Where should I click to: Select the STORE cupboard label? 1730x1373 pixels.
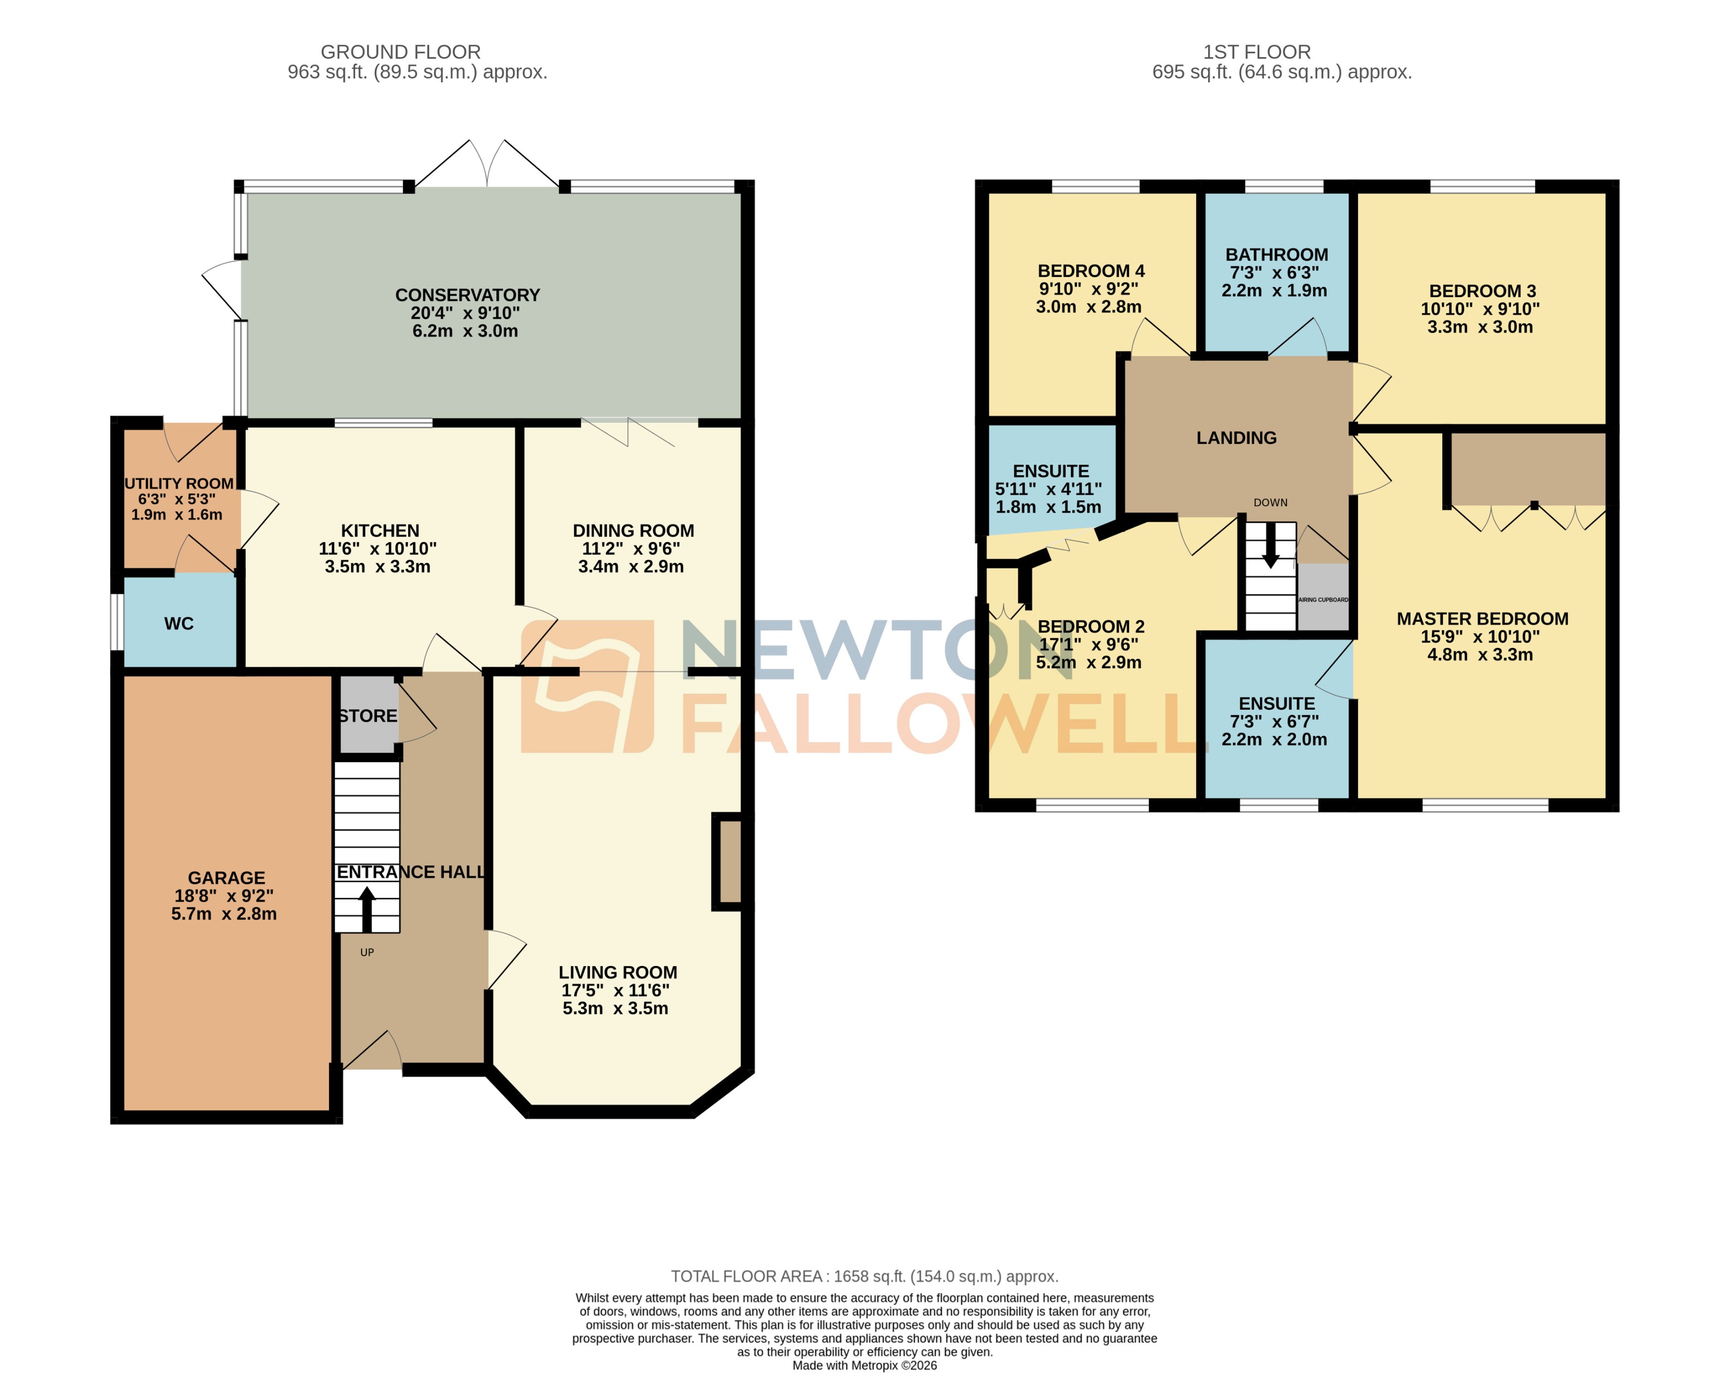[x=368, y=716]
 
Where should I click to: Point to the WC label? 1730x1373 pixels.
[x=179, y=623]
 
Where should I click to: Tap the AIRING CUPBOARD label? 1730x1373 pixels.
[x=1323, y=599]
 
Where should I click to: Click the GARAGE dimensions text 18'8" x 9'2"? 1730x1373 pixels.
[x=224, y=896]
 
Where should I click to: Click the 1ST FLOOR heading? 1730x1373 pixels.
[x=1257, y=52]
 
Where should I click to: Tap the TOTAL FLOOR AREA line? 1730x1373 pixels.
[x=864, y=1276]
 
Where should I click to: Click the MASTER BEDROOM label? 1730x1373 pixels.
[x=1482, y=619]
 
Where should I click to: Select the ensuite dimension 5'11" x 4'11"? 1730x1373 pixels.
[x=1048, y=489]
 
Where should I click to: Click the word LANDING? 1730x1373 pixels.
[x=1236, y=438]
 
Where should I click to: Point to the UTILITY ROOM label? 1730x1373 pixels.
[x=179, y=483]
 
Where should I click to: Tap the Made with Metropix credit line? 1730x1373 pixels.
[x=864, y=1366]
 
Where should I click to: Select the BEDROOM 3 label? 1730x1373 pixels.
[x=1482, y=291]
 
